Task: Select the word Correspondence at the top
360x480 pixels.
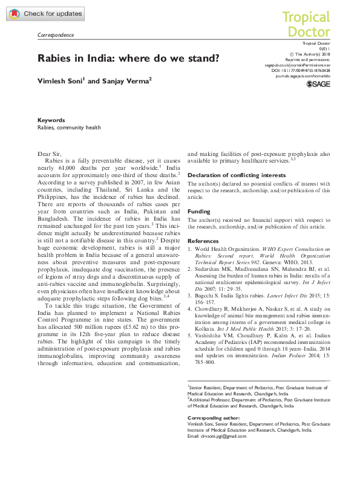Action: coord(56,35)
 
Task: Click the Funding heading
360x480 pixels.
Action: coord(199,212)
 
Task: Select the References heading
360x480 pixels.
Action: coord(204,240)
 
